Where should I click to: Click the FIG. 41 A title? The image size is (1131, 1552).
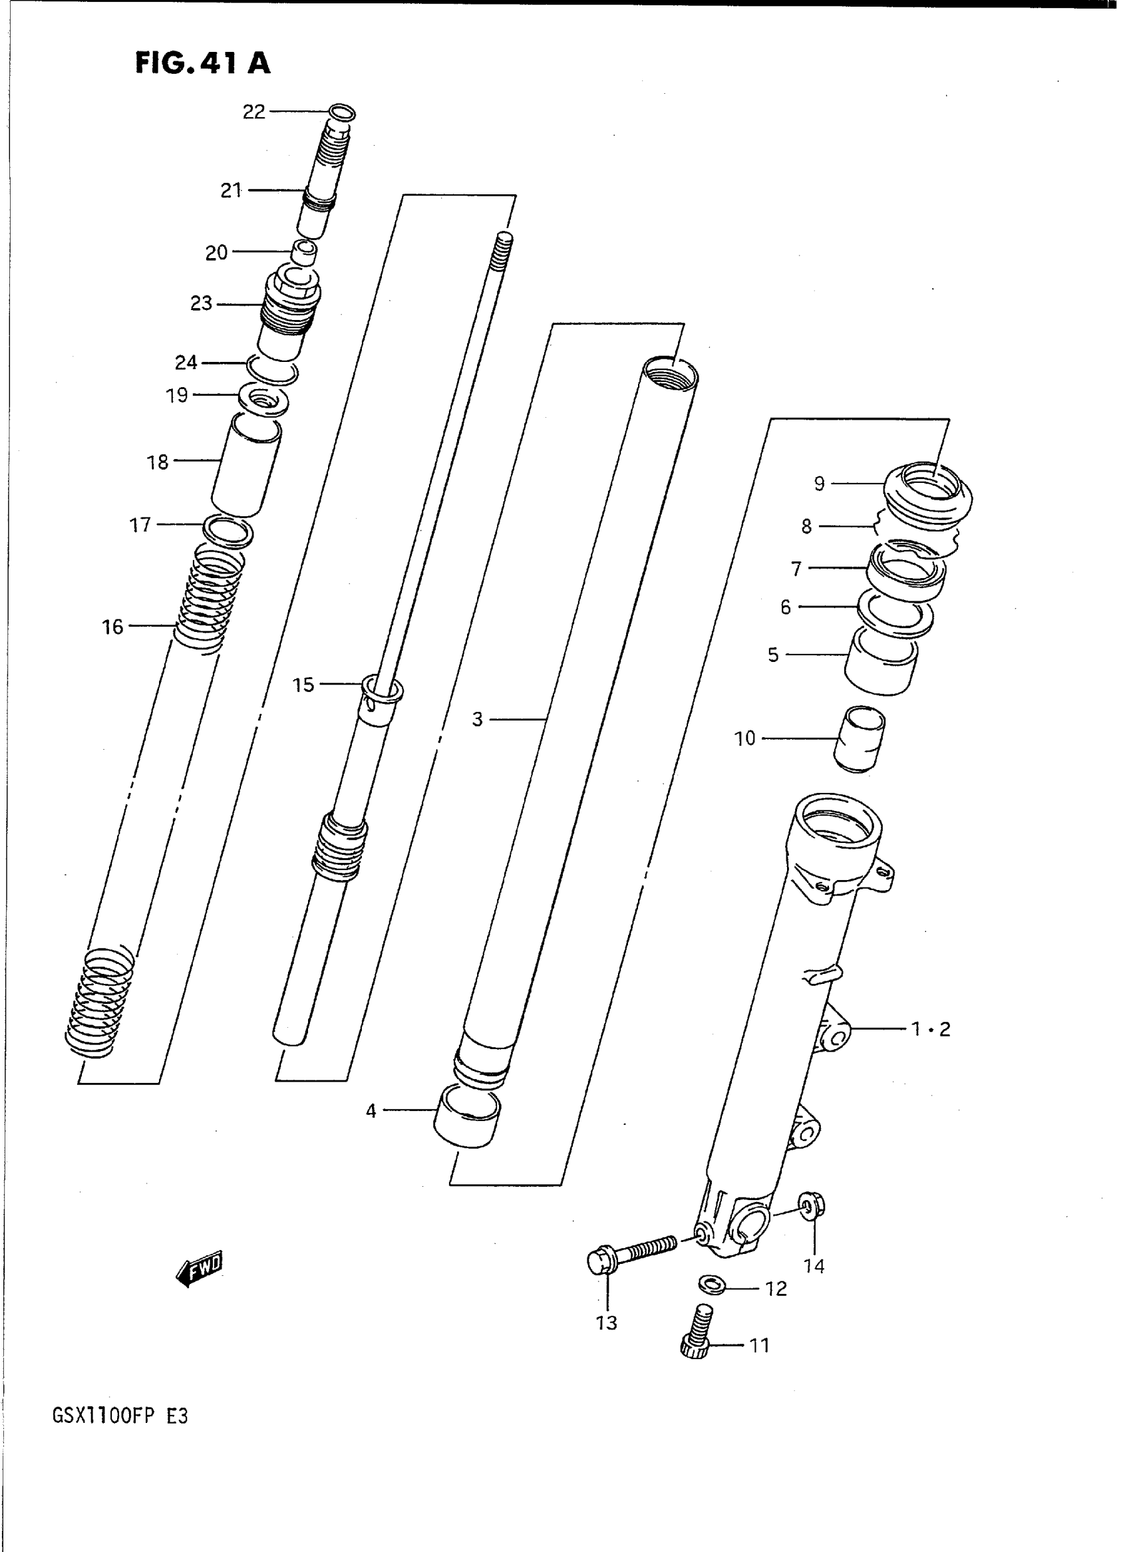click(x=203, y=63)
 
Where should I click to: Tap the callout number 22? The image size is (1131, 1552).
click(x=254, y=112)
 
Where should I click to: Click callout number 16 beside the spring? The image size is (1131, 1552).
click(x=113, y=627)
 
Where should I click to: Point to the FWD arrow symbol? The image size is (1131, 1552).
click(x=200, y=1269)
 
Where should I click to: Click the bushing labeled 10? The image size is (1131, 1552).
click(x=859, y=739)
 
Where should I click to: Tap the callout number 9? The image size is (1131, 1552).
click(x=820, y=484)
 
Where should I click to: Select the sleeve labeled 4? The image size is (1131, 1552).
click(x=468, y=1118)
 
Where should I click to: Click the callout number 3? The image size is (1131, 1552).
click(x=477, y=720)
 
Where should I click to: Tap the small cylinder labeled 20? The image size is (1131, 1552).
click(x=305, y=252)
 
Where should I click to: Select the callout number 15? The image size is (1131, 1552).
click(x=303, y=685)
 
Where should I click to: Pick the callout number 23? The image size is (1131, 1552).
click(x=202, y=303)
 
